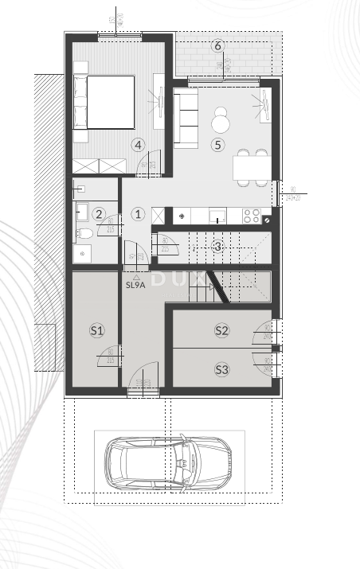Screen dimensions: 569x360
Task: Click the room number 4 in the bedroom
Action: click(x=139, y=145)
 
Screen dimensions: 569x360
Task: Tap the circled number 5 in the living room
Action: click(x=217, y=145)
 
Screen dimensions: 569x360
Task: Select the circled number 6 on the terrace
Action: click(x=217, y=45)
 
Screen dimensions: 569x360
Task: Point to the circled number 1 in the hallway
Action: click(x=137, y=213)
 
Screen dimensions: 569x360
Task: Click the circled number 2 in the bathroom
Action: click(x=98, y=213)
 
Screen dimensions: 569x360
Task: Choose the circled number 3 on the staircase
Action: click(x=217, y=246)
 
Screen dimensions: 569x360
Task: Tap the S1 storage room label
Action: click(x=96, y=330)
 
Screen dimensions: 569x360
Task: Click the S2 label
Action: click(x=221, y=330)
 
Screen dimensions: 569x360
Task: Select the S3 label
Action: click(x=221, y=369)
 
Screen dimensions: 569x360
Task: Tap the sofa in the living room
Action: click(x=186, y=119)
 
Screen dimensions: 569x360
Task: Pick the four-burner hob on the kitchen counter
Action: click(x=252, y=215)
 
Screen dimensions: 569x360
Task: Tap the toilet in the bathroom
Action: click(x=83, y=233)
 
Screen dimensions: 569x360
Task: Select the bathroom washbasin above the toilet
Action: click(x=81, y=212)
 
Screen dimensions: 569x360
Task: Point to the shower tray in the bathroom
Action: click(x=82, y=253)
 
